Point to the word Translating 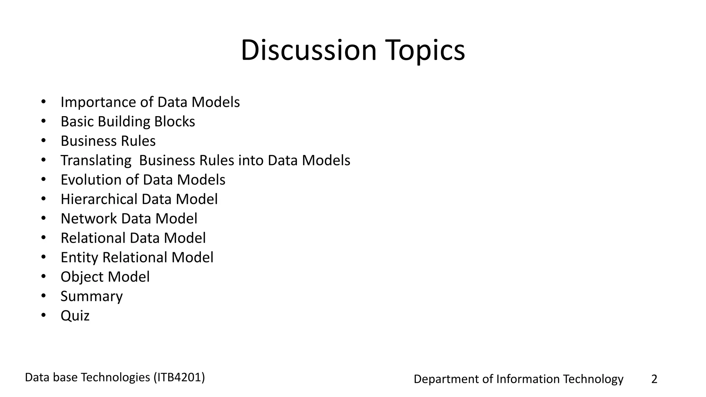click(96, 161)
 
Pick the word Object click(82, 277)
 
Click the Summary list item click(91, 296)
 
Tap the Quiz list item click(75, 316)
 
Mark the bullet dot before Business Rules click(43, 141)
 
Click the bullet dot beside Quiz click(43, 315)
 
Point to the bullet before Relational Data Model click(43, 238)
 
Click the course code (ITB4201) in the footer click(179, 378)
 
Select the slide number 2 click(654, 379)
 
